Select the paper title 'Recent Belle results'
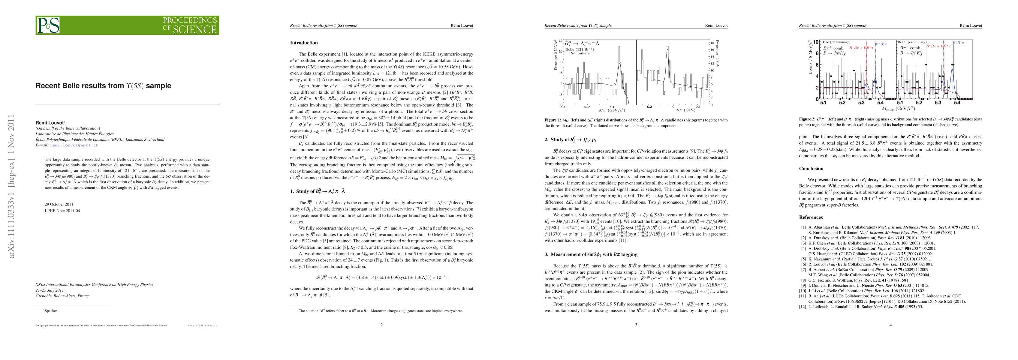click(103, 86)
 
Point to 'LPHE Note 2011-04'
click(62, 211)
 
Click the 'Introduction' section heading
click(303, 43)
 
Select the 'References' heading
click(811, 217)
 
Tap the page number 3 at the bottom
click(636, 325)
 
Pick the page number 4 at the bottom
click(890, 325)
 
